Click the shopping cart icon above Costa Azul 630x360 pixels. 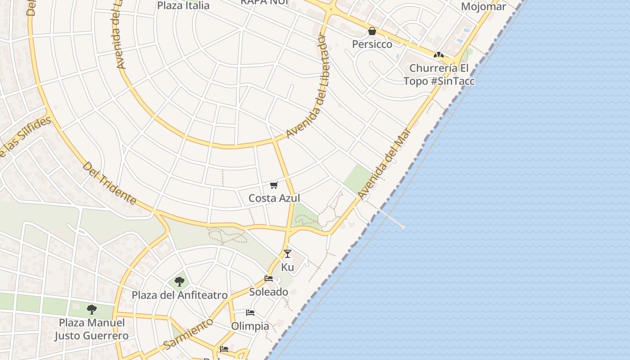click(274, 185)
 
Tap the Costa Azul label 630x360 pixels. click(274, 198)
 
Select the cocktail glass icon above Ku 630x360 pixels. click(288, 254)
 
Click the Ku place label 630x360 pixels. click(288, 267)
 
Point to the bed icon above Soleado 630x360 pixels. click(269, 279)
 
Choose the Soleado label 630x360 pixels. click(269, 292)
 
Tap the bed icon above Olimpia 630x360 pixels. click(250, 313)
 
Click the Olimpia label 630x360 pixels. click(250, 326)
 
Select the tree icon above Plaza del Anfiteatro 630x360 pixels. click(180, 282)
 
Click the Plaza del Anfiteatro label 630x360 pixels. click(180, 295)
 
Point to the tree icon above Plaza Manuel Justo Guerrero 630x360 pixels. click(92, 310)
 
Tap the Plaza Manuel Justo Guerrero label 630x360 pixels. click(92, 329)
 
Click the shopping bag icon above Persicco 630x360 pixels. click(372, 31)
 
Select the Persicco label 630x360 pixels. click(372, 44)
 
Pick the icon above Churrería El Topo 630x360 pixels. click(438, 55)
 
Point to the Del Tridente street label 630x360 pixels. click(109, 183)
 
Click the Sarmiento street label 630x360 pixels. click(188, 333)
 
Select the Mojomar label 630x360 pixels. click(484, 7)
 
